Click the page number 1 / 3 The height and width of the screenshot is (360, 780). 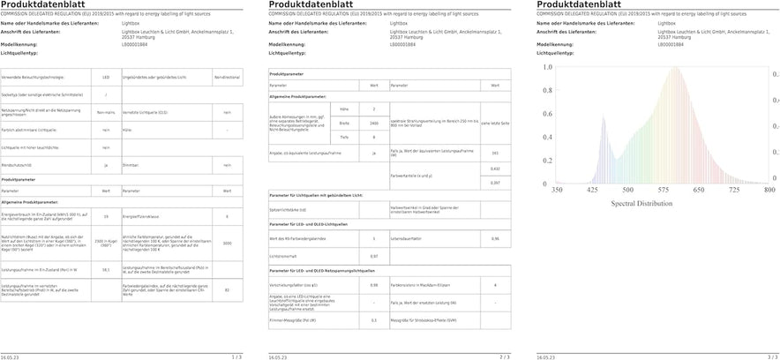pos(236,356)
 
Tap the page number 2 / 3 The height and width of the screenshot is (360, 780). pos(505,356)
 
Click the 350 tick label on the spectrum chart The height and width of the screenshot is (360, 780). pos(557,190)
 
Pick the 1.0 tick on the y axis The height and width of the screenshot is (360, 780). pos(547,67)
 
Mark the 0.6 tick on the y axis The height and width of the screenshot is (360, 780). pos(547,115)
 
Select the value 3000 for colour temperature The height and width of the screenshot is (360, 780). pos(227,243)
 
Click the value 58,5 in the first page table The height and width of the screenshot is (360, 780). pos(106,270)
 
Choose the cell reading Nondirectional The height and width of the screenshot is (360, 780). pos(227,78)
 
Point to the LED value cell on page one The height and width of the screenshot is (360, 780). pos(106,78)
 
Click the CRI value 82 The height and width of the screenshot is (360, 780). pos(227,290)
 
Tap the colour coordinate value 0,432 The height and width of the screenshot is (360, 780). pos(495,168)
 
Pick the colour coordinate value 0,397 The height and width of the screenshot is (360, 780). pos(495,182)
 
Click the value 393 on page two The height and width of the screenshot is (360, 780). pos(495,154)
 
